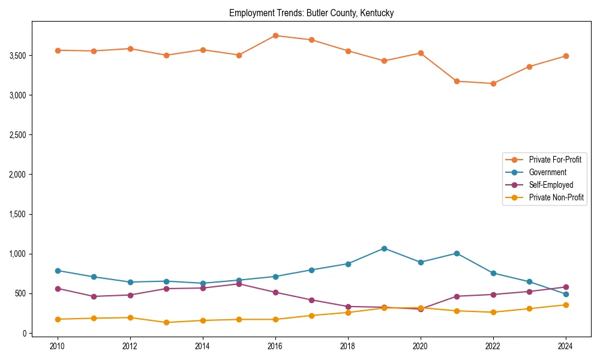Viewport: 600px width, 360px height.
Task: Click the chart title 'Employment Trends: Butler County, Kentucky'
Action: pos(311,13)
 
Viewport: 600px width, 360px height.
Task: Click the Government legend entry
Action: pos(547,172)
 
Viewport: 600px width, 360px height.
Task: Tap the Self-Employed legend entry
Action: pos(551,185)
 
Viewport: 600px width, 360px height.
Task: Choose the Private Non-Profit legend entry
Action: pos(556,197)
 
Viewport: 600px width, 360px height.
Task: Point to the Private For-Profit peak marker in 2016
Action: pos(275,35)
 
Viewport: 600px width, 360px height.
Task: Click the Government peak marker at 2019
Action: pos(384,248)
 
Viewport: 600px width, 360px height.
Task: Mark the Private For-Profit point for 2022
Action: pos(493,83)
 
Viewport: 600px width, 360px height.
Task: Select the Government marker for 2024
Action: pos(566,294)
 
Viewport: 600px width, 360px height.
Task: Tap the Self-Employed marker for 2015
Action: pos(239,284)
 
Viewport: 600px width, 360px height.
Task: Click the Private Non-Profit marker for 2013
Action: pos(166,322)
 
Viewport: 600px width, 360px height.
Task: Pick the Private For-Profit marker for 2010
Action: pos(58,50)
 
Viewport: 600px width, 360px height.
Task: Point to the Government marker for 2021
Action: pos(457,253)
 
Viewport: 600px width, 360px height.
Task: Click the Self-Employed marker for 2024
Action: pos(566,287)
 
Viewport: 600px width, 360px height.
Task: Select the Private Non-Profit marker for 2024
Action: pos(566,305)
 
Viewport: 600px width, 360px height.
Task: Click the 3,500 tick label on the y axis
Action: pos(17,56)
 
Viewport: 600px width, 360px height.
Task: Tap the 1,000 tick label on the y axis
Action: pos(17,254)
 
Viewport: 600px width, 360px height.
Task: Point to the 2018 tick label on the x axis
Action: pos(348,346)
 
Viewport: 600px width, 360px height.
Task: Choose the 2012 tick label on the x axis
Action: pos(130,346)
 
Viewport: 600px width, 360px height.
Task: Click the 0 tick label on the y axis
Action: pos(25,334)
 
